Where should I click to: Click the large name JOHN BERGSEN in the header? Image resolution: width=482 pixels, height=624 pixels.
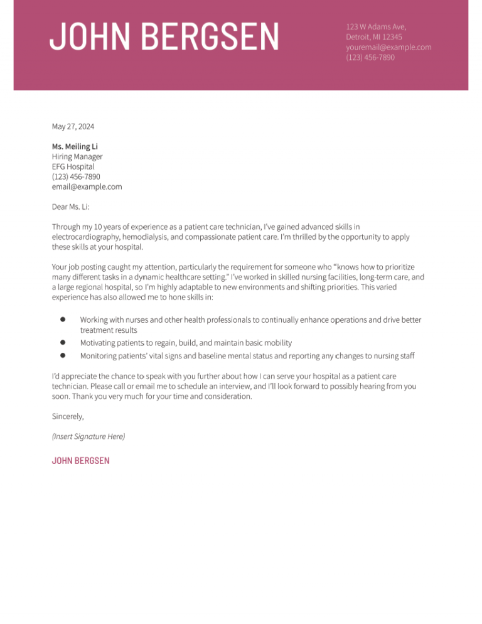[x=164, y=36]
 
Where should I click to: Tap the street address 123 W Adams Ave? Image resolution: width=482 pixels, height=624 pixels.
[x=376, y=26]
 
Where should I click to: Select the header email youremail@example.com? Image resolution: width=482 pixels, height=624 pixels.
[x=388, y=47]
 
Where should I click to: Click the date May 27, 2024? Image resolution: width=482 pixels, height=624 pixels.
[x=73, y=126]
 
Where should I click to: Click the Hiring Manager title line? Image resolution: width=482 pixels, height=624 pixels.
[x=77, y=156]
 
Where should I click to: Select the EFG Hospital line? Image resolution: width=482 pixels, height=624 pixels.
[x=73, y=166]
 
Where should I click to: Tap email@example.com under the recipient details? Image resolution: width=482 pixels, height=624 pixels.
[x=87, y=186]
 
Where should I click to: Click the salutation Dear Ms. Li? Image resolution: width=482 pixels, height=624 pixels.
[x=71, y=207]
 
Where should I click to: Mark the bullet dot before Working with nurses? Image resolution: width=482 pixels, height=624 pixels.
[x=63, y=320]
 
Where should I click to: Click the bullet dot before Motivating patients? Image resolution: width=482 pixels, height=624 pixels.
[x=63, y=343]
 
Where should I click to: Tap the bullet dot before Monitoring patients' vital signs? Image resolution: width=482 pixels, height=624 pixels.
[x=63, y=355]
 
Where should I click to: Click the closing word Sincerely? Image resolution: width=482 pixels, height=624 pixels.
[x=68, y=416]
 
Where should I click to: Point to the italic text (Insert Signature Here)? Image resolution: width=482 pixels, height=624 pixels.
[x=88, y=436]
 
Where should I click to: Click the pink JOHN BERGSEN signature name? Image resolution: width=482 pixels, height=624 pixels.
[x=80, y=460]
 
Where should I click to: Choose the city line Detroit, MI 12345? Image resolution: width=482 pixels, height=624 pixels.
[x=374, y=37]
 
